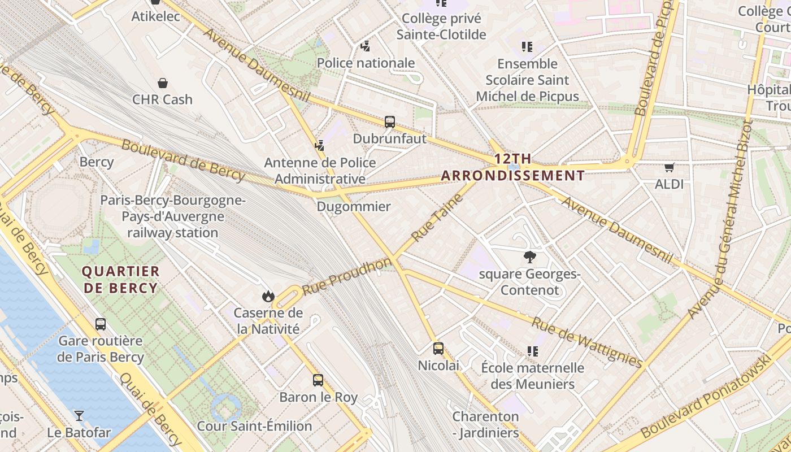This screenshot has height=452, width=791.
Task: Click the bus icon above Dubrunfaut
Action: click(389, 121)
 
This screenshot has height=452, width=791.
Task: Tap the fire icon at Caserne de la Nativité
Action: click(268, 296)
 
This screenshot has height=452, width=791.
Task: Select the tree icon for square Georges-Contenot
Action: click(529, 257)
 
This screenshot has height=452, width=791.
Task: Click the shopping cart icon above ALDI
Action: click(669, 167)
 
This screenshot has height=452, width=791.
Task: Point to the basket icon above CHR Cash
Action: click(163, 83)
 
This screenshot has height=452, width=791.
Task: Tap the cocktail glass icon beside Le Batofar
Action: click(79, 416)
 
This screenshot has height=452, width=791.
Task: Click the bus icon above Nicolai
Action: click(438, 349)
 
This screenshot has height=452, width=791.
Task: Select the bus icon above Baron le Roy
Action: click(318, 380)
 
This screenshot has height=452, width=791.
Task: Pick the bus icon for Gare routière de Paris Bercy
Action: click(101, 324)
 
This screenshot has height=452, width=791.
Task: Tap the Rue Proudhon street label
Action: click(346, 276)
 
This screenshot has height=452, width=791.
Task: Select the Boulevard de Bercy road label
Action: click(183, 161)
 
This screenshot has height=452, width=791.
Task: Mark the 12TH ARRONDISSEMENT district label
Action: click(512, 167)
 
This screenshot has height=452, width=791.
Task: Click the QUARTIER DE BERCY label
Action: click(120, 280)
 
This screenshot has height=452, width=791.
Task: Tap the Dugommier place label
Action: click(354, 206)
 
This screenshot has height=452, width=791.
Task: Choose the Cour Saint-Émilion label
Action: click(254, 426)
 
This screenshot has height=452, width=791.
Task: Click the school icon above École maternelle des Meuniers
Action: click(532, 351)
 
